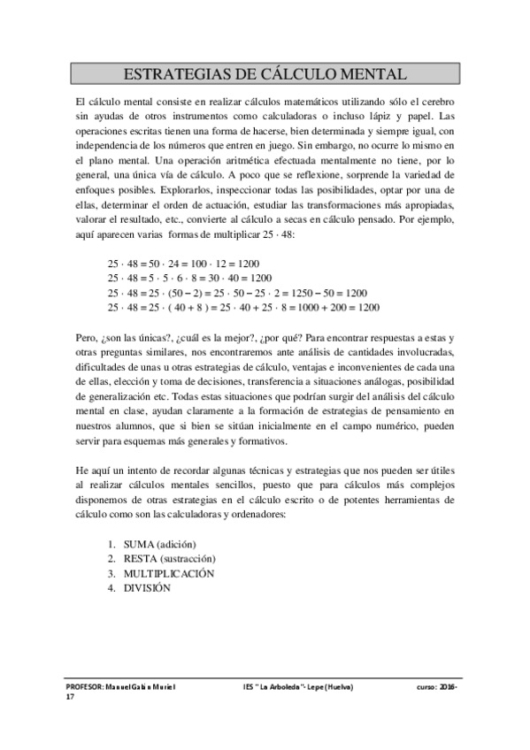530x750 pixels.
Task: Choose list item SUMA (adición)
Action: [x=159, y=543]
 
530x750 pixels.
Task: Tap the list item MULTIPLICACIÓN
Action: [x=168, y=572]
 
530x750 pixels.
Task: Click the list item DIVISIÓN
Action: [x=145, y=587]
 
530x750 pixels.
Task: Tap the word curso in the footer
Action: [x=426, y=686]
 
